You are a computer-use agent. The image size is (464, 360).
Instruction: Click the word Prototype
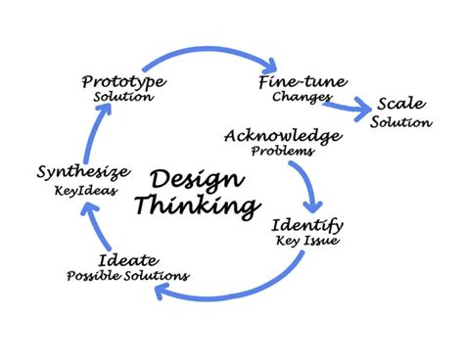(122, 82)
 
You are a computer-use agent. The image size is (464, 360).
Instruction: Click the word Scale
(400, 106)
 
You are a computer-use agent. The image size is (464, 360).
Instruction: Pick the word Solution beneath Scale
(401, 122)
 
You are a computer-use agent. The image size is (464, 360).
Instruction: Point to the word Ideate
(124, 260)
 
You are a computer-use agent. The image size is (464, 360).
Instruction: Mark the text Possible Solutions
(127, 276)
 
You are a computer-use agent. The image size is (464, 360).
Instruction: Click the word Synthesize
(82, 173)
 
